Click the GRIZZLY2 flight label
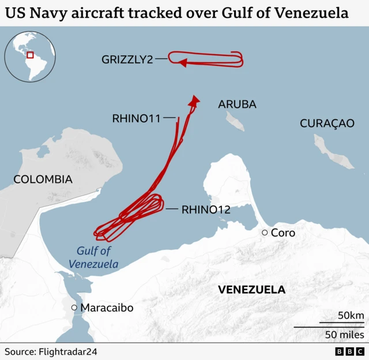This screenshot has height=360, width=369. point(127,59)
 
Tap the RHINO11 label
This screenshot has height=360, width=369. point(135,118)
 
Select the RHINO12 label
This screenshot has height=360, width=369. point(206,209)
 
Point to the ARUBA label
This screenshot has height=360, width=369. point(237,104)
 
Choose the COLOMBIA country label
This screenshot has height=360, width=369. point(43,179)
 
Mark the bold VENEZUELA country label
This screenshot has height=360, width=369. point(251,290)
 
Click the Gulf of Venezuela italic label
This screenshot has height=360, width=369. point(93,257)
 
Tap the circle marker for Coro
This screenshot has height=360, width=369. point(265,232)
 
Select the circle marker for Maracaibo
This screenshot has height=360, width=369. point(74,307)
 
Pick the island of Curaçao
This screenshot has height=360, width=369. point(333,152)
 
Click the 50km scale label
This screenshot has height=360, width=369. point(351,316)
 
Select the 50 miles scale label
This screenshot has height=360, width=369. point(344,334)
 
